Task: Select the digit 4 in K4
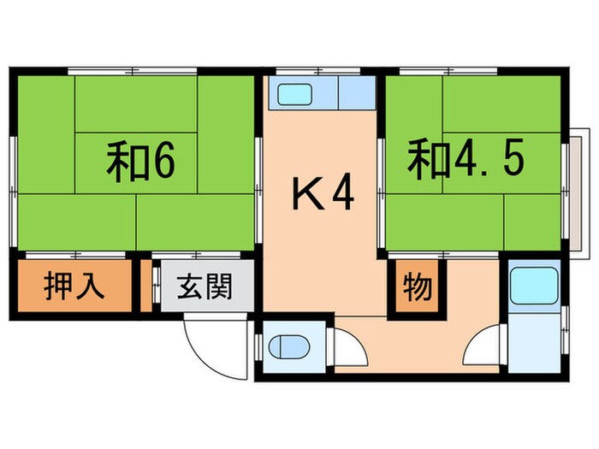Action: click(x=341, y=196)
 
